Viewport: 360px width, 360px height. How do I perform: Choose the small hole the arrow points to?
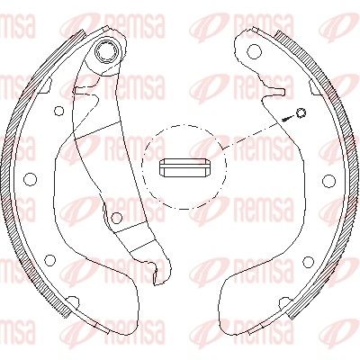pyautogui.click(x=301, y=112)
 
